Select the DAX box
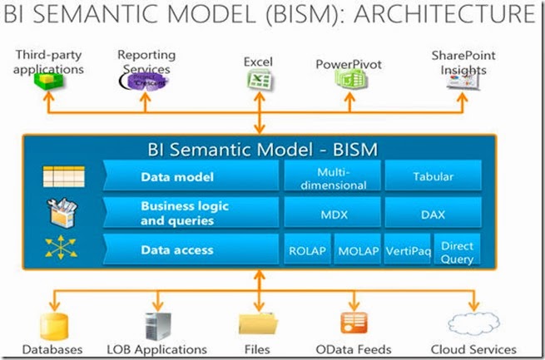(x=432, y=214)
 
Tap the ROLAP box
(x=307, y=249)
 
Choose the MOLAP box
(x=357, y=249)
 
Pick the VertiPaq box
(x=407, y=249)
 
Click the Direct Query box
(x=457, y=249)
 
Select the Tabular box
(x=432, y=176)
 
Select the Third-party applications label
(x=49, y=63)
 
